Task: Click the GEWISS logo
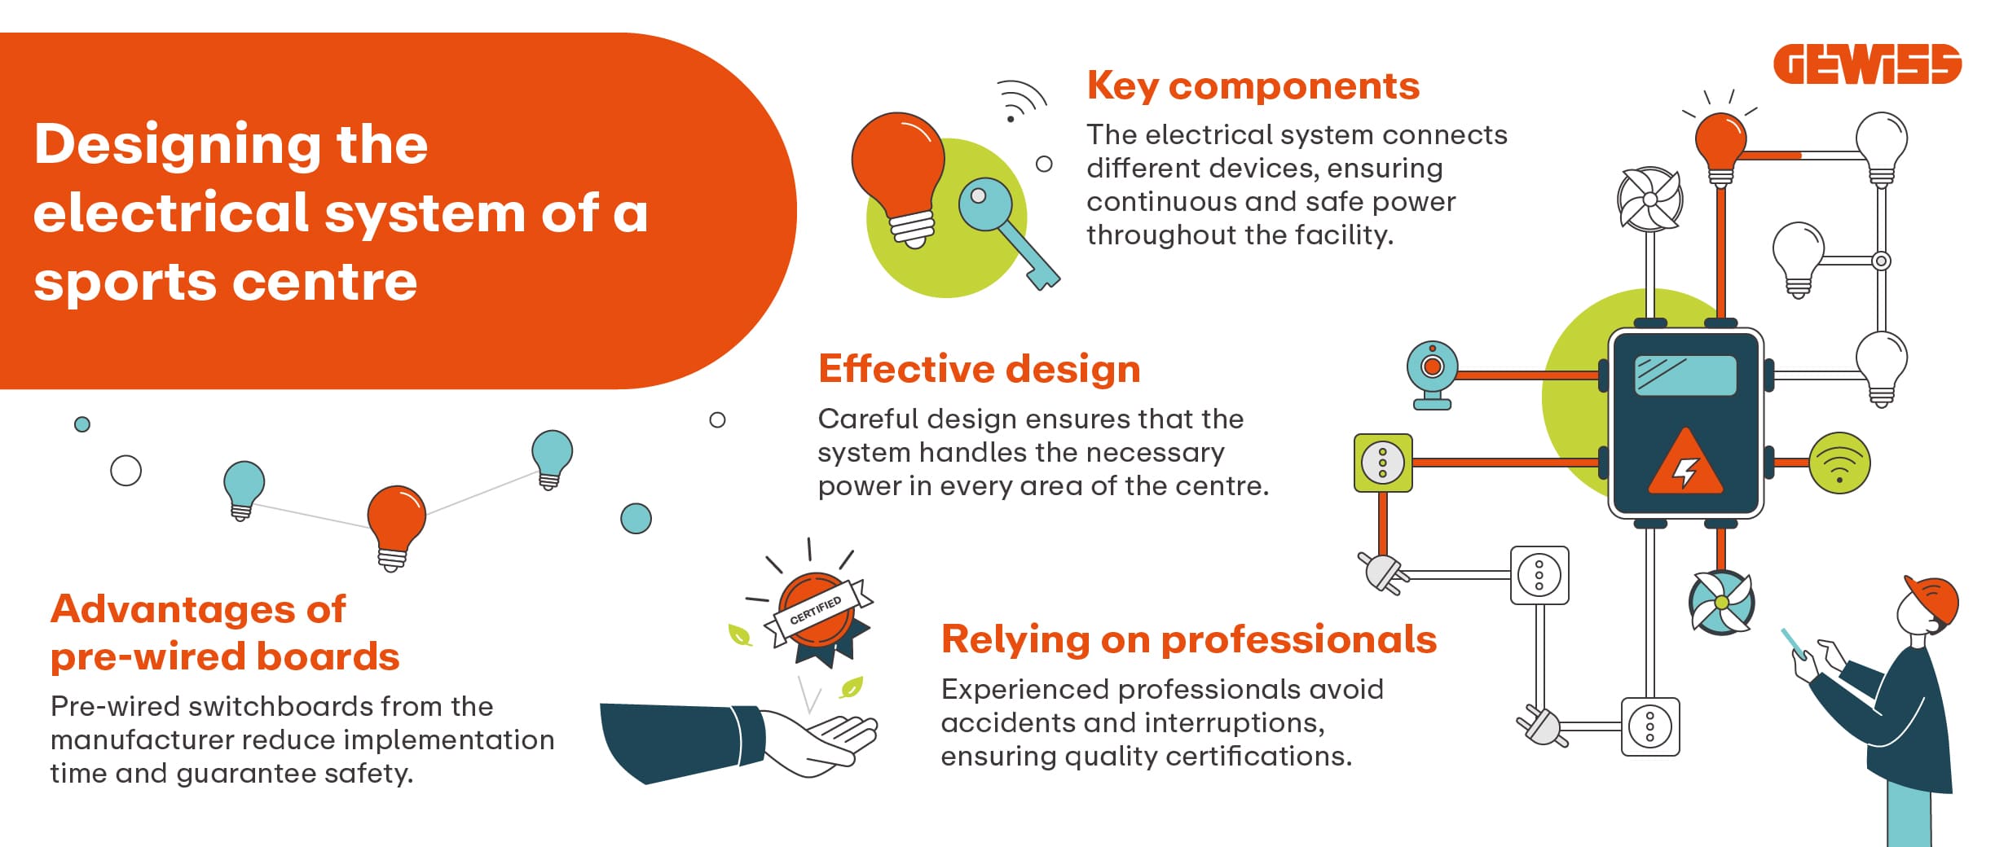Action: coord(1867,64)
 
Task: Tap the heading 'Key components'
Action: coord(1253,86)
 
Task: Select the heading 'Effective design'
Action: coord(980,369)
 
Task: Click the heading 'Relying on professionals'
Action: coord(1189,640)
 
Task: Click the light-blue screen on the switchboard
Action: coord(1685,375)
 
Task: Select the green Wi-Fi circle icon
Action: coord(1839,463)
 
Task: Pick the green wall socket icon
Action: coord(1383,463)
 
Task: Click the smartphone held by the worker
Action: coord(1794,643)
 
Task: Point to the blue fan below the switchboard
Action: coord(1721,603)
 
